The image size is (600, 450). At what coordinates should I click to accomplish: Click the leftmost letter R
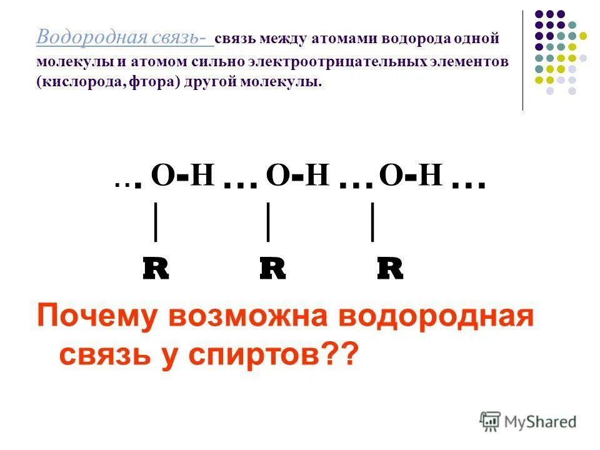click(156, 269)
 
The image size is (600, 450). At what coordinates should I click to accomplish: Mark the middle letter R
click(272, 269)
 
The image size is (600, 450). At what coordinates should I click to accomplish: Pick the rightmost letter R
click(390, 269)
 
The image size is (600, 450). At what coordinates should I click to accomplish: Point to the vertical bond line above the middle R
click(268, 221)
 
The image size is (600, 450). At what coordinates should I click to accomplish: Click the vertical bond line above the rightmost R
click(373, 221)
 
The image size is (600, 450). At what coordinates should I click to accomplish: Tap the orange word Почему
click(97, 318)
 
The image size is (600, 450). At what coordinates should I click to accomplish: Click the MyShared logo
click(528, 422)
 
